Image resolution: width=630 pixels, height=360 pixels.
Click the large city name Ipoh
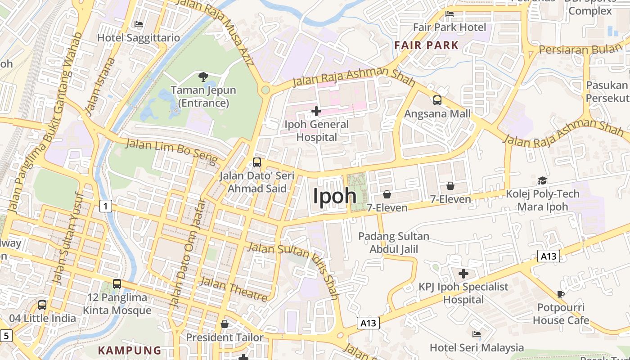[334, 196]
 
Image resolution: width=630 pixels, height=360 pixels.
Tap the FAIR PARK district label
[426, 45]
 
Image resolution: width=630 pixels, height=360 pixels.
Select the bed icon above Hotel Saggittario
[139, 24]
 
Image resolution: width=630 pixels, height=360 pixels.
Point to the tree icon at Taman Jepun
[203, 76]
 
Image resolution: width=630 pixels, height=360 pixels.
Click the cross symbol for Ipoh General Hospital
[316, 111]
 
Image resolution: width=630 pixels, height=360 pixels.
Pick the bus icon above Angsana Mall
[437, 100]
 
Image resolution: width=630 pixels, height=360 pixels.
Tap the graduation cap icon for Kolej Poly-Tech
[542, 181]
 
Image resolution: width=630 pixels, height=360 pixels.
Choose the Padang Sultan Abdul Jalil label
[394, 243]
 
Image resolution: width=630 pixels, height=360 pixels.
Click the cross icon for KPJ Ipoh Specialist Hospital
[463, 274]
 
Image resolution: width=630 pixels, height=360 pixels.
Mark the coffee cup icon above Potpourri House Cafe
[560, 294]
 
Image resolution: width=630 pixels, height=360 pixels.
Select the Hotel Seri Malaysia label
[477, 347]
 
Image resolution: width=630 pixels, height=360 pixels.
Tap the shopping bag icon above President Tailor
[225, 324]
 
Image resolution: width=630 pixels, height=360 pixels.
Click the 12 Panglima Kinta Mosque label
[117, 304]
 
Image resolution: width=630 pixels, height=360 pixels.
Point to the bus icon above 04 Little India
[42, 305]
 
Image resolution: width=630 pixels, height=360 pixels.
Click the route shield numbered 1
[105, 207]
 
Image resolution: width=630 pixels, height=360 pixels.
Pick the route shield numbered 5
[6, 335]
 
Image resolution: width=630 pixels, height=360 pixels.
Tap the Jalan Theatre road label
[233, 288]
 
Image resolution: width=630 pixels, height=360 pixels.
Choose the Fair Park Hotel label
[450, 27]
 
